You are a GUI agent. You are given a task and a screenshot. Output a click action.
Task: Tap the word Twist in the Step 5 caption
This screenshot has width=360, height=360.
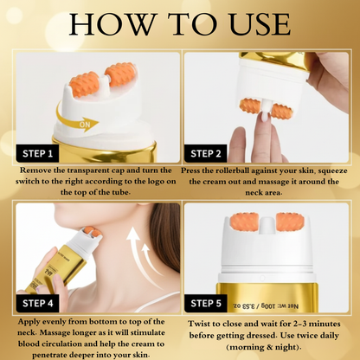click(202, 324)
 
